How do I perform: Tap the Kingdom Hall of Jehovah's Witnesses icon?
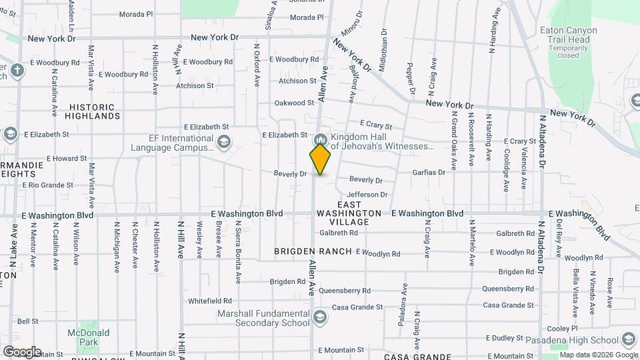tap(320, 140)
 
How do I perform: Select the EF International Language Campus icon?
tap(224, 141)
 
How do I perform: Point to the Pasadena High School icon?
tap(627, 339)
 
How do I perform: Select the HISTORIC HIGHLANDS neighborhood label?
tap(93, 111)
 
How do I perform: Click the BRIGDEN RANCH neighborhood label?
tap(313, 251)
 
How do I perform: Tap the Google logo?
tap(21, 352)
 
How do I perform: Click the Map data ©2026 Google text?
tap(598, 355)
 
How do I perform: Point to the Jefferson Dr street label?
tap(367, 195)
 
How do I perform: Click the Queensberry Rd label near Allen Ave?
tap(344, 291)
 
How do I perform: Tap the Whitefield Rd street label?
tap(210, 301)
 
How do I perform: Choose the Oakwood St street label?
tap(294, 103)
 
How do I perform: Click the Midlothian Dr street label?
tap(383, 50)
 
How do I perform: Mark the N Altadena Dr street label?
tap(543, 141)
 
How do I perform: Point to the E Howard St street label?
tap(56, 159)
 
